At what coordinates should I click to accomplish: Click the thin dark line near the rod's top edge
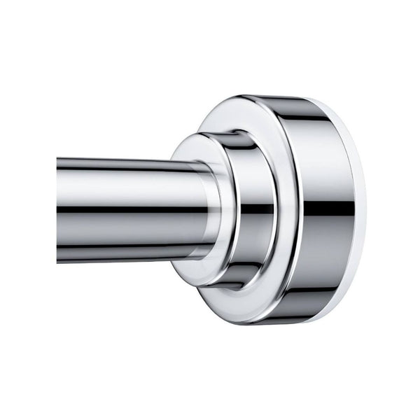[119, 162]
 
